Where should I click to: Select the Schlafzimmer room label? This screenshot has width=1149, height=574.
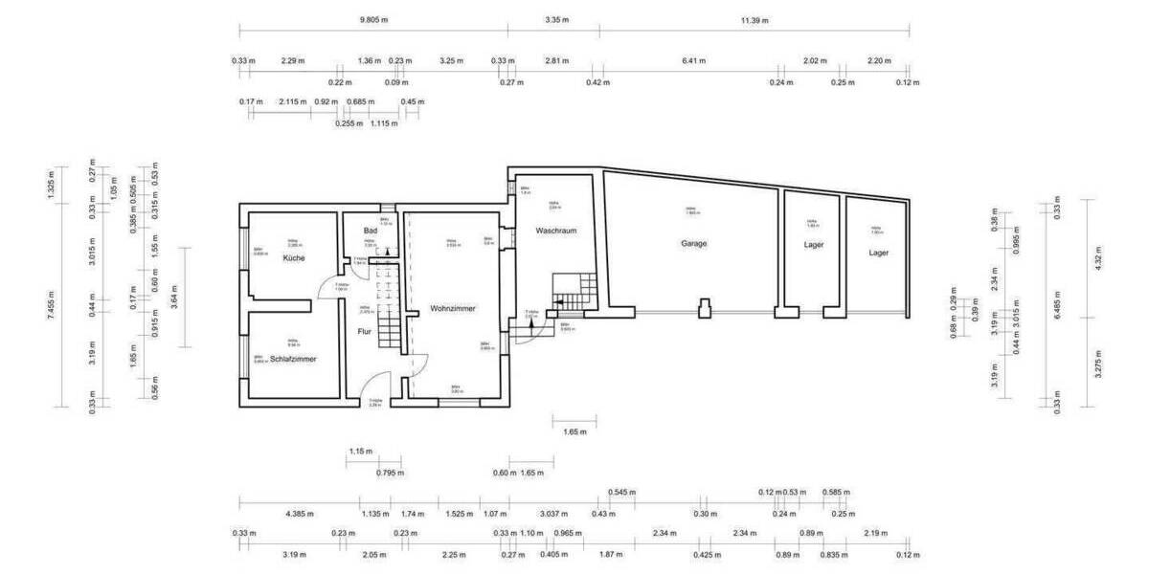coord(293,359)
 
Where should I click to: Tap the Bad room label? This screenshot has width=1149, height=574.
coord(370,232)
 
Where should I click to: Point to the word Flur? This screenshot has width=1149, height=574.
coord(364,332)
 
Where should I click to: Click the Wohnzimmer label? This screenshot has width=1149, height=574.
coord(453,308)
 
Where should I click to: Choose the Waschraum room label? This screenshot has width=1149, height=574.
coord(555,231)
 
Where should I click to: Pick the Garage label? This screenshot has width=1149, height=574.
coord(694,244)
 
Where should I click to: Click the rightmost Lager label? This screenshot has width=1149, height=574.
coord(878,253)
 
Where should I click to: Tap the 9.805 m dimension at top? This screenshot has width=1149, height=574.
coord(374,19)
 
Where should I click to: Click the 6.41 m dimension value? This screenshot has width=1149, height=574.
coord(693,60)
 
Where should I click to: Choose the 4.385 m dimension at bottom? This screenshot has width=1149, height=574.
coord(299,514)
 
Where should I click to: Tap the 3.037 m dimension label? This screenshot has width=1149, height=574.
coord(554,514)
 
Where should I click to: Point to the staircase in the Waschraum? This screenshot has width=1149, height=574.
coord(574,291)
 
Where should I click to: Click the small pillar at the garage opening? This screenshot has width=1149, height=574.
coord(705,308)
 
